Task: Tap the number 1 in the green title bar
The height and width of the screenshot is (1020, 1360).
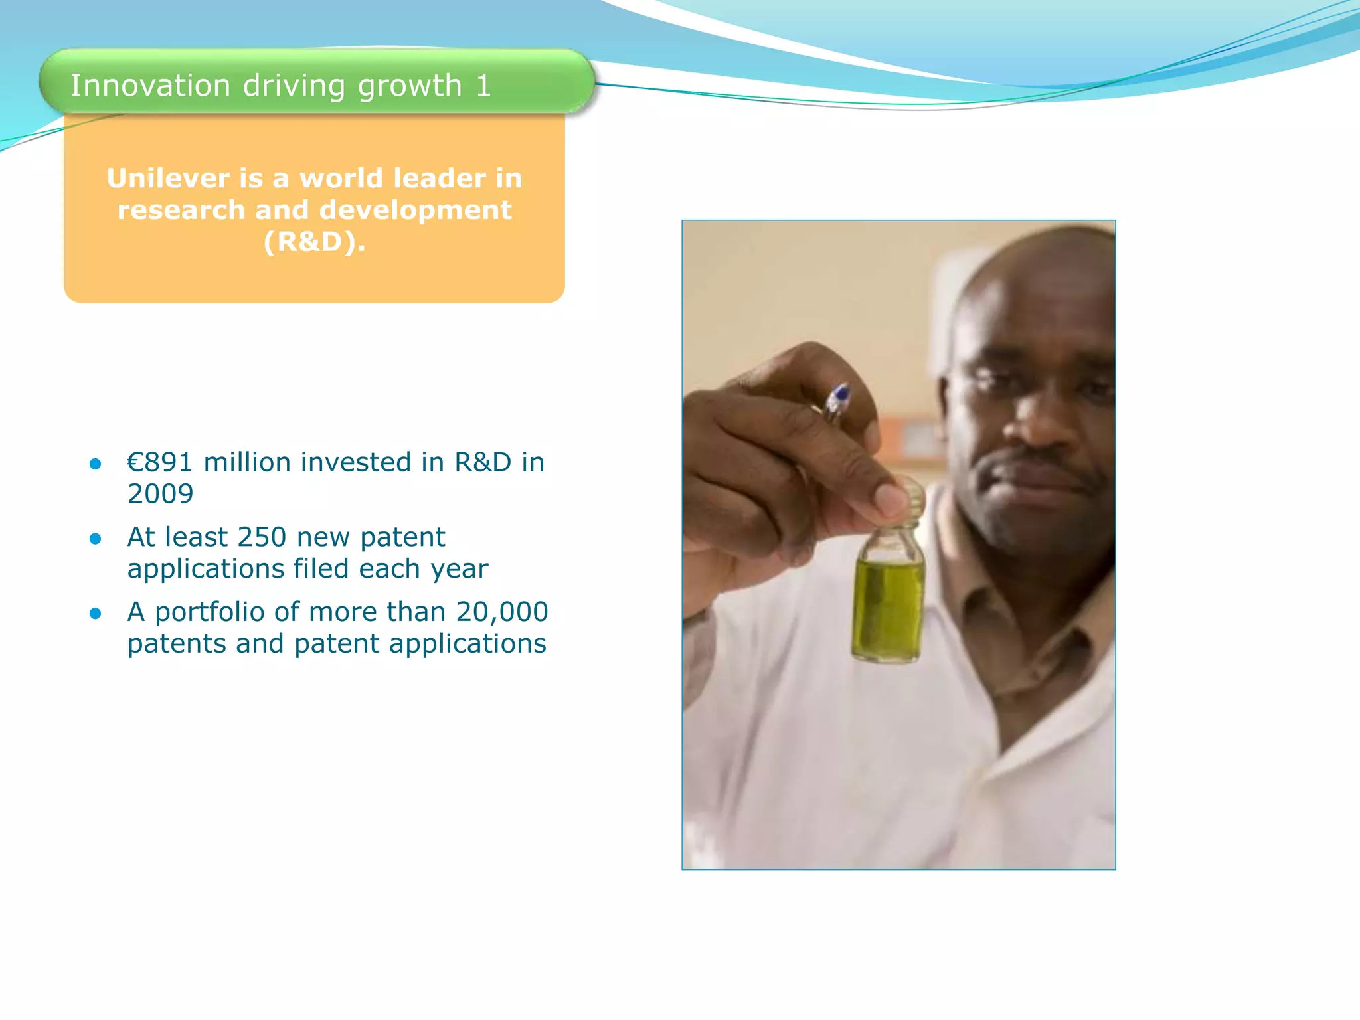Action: pyautogui.click(x=483, y=86)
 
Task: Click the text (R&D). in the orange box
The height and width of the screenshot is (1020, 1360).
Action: pyautogui.click(x=314, y=242)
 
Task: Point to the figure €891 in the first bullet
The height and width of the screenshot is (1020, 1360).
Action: pyautogui.click(x=160, y=462)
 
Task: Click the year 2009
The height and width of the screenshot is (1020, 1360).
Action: pyautogui.click(x=160, y=494)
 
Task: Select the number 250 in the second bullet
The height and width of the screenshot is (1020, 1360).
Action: pyautogui.click(x=262, y=537)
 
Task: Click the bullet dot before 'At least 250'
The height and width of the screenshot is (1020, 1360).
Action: pyautogui.click(x=96, y=539)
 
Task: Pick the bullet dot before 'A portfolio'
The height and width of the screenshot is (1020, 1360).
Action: pyautogui.click(x=96, y=614)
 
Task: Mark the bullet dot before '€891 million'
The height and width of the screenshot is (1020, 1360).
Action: pyautogui.click(x=96, y=464)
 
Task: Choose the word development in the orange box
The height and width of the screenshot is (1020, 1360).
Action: pyautogui.click(x=415, y=210)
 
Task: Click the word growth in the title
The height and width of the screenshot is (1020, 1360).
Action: pyautogui.click(x=410, y=86)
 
